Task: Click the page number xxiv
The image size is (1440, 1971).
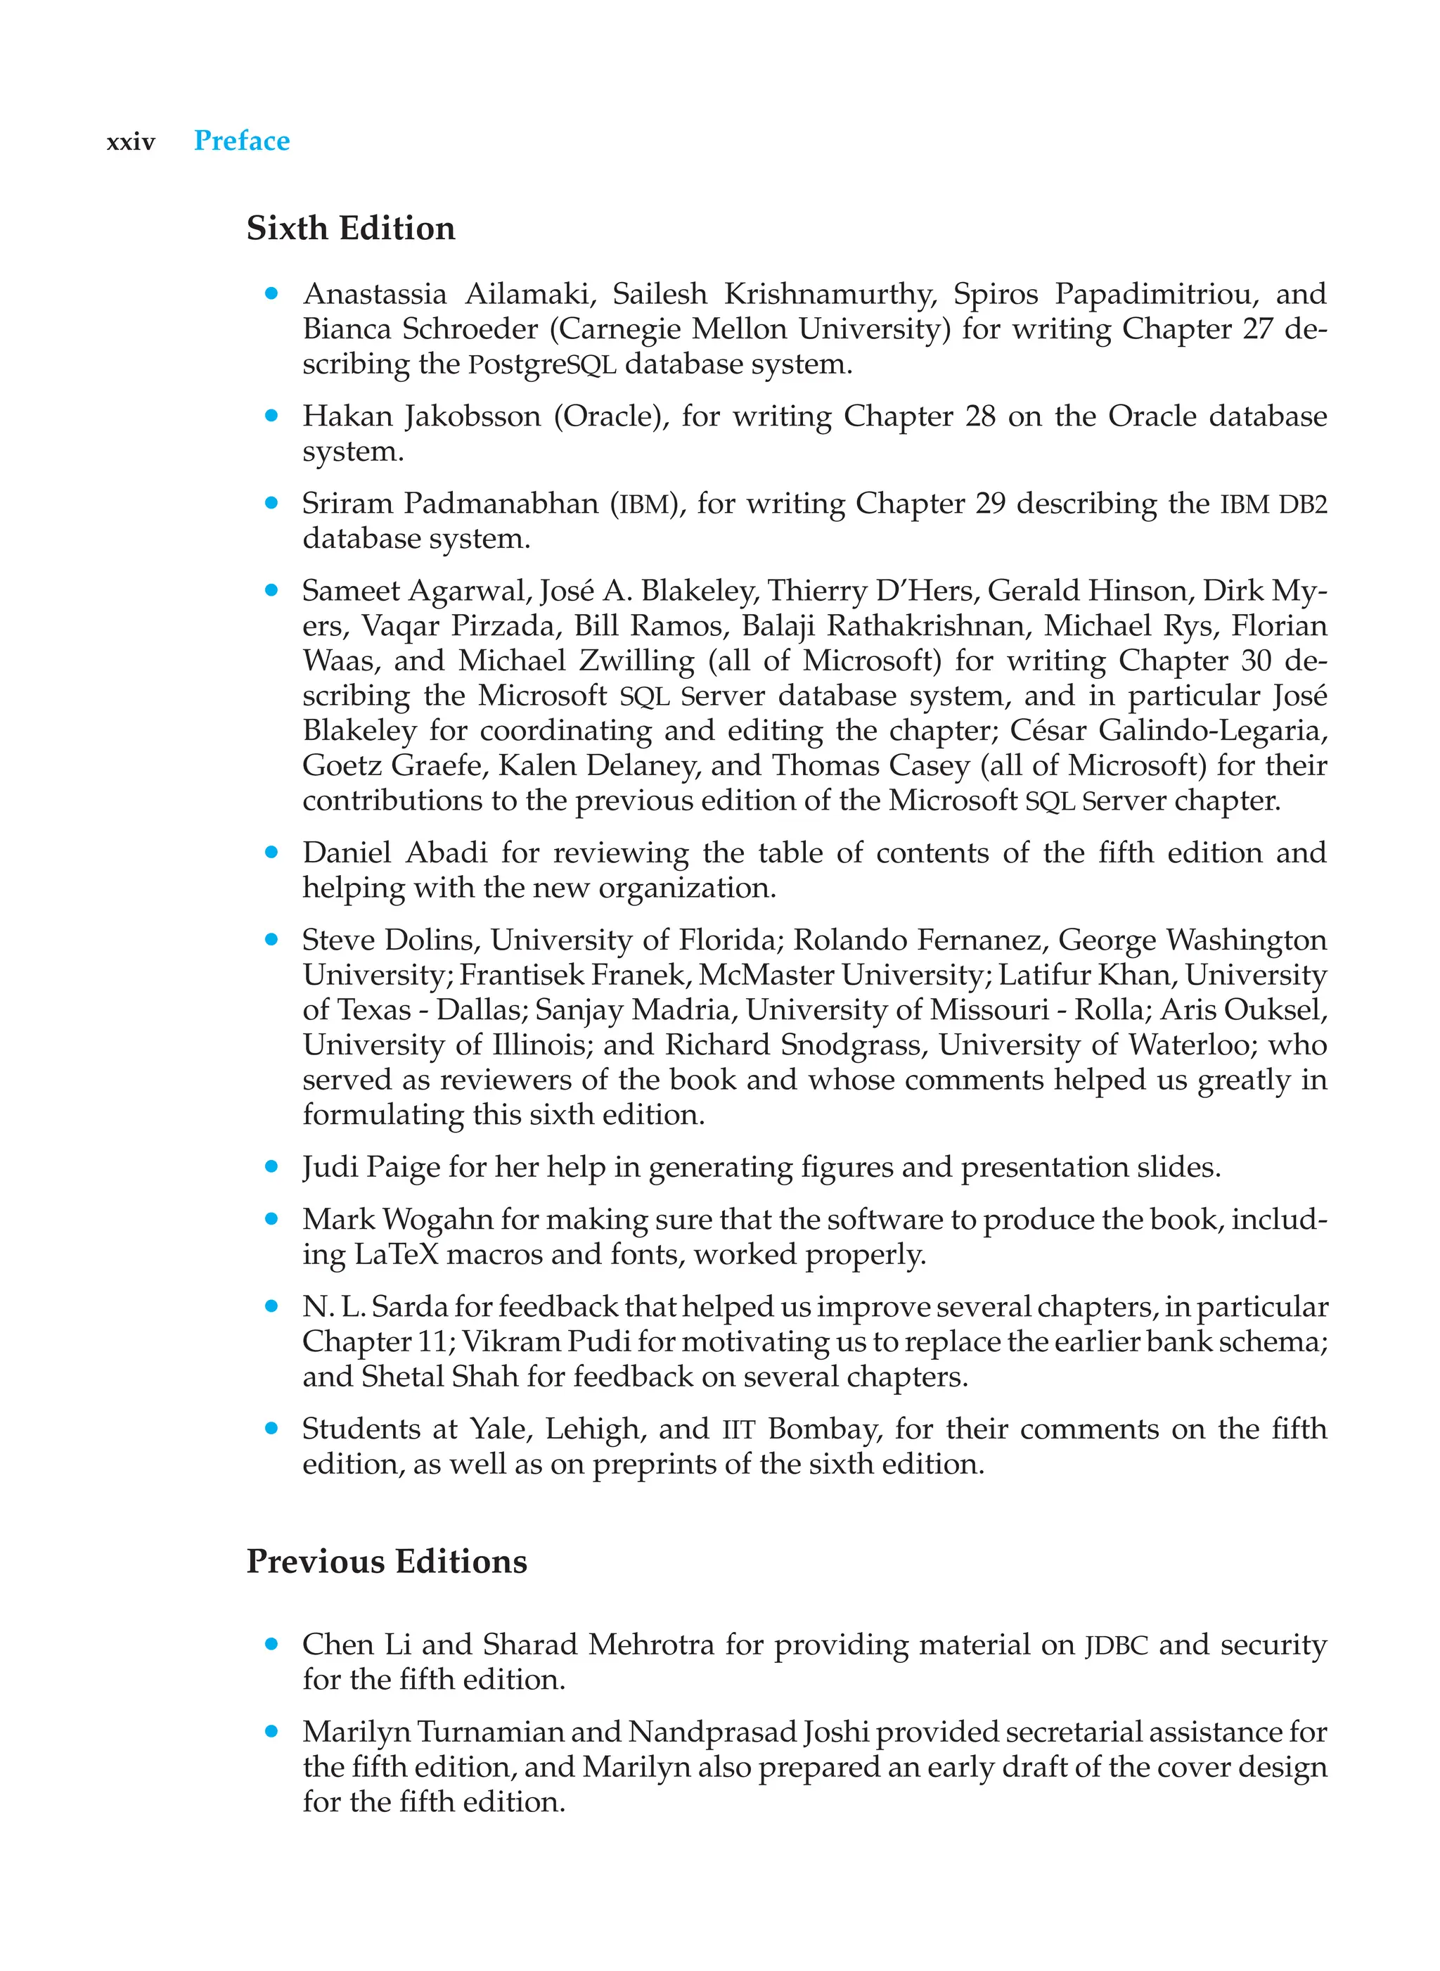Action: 131,143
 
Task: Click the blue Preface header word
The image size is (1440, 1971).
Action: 241,141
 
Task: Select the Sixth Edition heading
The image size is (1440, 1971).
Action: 350,229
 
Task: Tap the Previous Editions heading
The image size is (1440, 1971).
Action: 386,1562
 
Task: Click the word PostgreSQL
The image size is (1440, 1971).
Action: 541,364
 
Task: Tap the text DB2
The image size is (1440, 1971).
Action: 1302,505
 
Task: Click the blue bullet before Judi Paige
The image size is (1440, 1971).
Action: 271,1166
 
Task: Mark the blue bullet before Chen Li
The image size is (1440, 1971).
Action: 271,1644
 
